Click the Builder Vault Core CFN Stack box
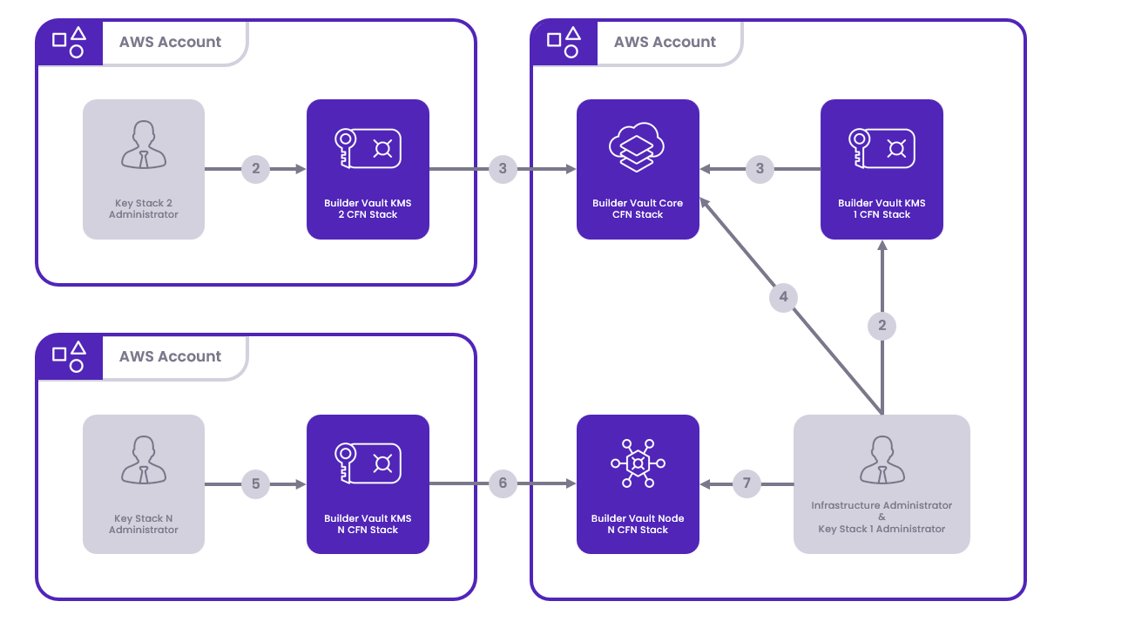[638, 169]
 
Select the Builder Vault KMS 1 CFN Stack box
[882, 169]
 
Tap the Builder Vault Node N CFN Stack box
[638, 483]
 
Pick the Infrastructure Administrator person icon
[882, 459]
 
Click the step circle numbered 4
[783, 297]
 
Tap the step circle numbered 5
[255, 483]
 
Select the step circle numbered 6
[503, 483]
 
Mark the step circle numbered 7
[747, 483]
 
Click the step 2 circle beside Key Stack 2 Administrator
[255, 169]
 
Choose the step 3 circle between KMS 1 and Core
[760, 169]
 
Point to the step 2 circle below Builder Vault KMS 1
[882, 326]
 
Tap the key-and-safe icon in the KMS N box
[368, 463]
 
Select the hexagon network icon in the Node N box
[638, 463]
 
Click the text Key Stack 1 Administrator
[882, 529]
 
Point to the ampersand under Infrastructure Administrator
[882, 517]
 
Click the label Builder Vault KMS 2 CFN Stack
[368, 209]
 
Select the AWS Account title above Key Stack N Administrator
[170, 356]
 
